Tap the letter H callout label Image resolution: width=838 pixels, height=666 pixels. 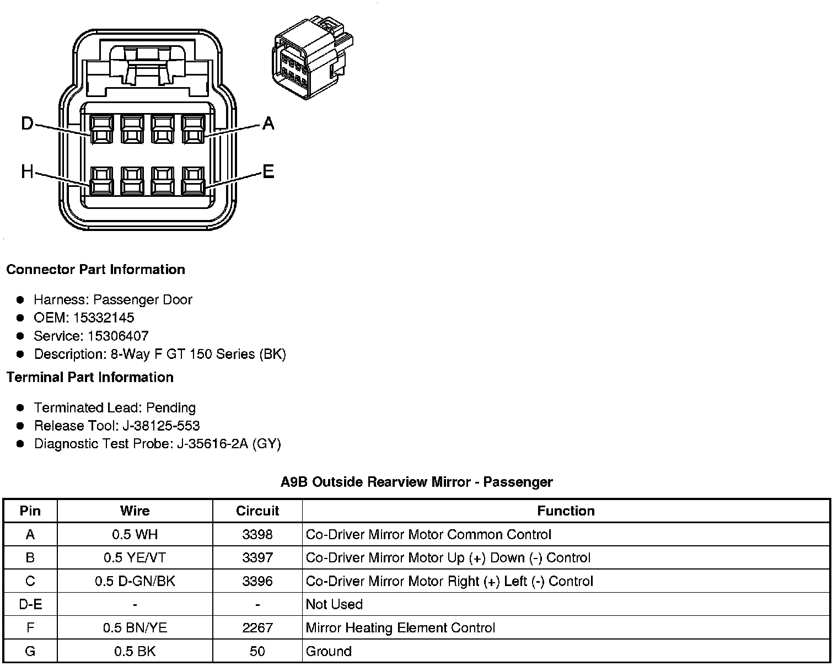pos(27,172)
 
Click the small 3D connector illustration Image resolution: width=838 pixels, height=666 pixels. pos(311,57)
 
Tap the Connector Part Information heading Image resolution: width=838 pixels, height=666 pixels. pos(95,270)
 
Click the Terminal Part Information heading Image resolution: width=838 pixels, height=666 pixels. pos(90,377)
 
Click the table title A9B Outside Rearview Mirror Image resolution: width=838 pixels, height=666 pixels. pos(416,482)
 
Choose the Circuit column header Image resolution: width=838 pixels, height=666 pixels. pos(257,511)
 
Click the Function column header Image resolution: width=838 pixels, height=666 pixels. pos(566,511)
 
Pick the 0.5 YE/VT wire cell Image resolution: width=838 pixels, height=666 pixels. pos(135,557)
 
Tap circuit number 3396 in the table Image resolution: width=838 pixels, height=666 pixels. pos(257,581)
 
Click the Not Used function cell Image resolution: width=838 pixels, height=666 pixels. pos(334,604)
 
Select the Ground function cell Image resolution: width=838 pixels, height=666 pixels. pos(329,651)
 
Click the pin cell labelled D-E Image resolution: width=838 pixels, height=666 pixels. pos(30,604)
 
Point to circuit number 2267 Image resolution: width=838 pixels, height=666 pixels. pos(257,628)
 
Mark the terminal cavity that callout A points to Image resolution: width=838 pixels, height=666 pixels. pos(192,130)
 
